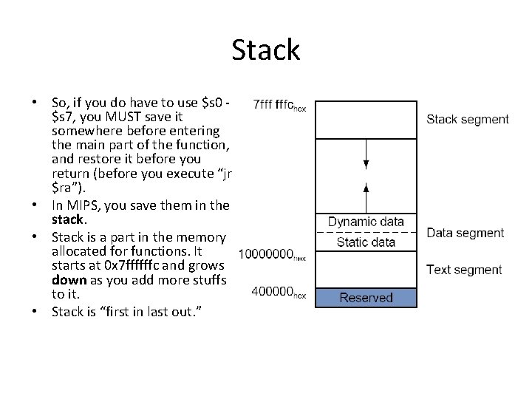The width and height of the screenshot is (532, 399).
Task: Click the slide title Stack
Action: [x=265, y=50]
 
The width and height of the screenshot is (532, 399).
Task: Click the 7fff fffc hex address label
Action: [x=279, y=106]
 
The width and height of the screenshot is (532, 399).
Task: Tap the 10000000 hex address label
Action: [x=272, y=255]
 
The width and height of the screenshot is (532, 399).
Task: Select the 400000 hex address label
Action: [x=278, y=292]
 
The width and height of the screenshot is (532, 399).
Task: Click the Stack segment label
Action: [x=468, y=119]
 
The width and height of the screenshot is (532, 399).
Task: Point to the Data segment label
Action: [x=465, y=233]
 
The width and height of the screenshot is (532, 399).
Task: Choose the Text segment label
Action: [x=464, y=270]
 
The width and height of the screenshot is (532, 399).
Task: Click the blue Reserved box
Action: [x=366, y=298]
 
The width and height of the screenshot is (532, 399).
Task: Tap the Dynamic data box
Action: [x=366, y=222]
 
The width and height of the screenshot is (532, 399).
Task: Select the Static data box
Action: [x=366, y=242]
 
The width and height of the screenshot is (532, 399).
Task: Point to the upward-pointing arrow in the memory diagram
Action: [x=366, y=195]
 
